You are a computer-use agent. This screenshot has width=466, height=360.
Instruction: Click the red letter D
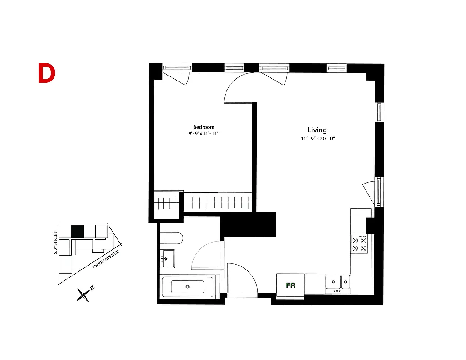click(x=46, y=73)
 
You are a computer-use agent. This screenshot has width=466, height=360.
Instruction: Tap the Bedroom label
click(x=204, y=127)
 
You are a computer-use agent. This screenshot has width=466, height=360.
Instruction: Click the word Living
click(x=317, y=130)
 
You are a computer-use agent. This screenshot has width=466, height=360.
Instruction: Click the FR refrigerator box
click(x=290, y=285)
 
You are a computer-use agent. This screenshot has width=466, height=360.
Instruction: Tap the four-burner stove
click(x=360, y=244)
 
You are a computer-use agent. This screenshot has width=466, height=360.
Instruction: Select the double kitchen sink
click(x=338, y=282)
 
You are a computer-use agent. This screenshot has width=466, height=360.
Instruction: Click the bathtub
click(x=188, y=287)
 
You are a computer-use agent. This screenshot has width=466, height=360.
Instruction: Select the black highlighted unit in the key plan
click(x=77, y=231)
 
